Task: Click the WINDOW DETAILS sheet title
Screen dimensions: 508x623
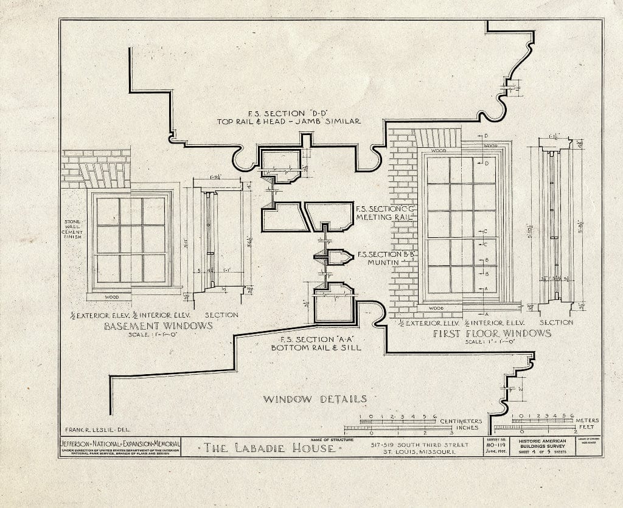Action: [x=315, y=399]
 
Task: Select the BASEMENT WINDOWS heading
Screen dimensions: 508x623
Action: [x=159, y=325]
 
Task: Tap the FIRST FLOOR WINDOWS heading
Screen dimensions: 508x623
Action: [x=492, y=333]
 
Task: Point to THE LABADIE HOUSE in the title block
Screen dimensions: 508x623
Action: [x=270, y=448]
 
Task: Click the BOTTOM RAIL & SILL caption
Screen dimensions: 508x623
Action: [x=316, y=347]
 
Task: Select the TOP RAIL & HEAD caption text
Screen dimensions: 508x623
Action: [x=289, y=121]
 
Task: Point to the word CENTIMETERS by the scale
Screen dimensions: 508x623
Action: [x=461, y=421]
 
